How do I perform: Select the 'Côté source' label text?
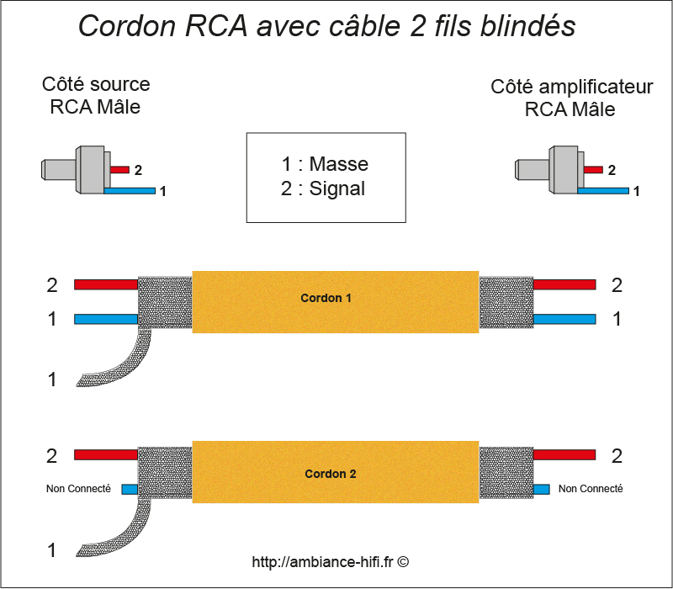(x=96, y=85)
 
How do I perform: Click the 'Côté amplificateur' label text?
(x=572, y=88)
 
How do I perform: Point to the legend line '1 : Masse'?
(x=325, y=164)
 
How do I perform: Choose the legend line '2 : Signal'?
(x=325, y=188)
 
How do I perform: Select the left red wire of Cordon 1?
(x=105, y=284)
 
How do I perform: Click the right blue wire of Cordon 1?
(x=564, y=319)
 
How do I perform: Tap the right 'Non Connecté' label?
(x=591, y=488)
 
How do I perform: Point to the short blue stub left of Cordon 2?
(x=130, y=489)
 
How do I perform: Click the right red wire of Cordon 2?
(x=564, y=455)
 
